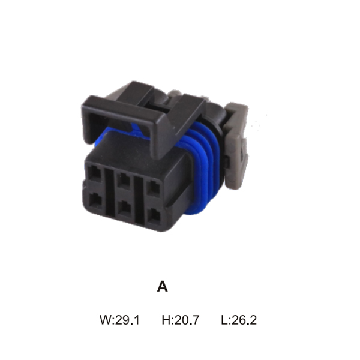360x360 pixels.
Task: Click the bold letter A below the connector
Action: tap(163, 287)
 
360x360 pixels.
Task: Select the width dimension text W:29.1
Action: tap(119, 320)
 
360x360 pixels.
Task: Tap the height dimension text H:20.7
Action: tap(181, 320)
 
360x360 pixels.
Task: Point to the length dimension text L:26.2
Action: tap(239, 320)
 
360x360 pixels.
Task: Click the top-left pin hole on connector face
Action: tap(94, 173)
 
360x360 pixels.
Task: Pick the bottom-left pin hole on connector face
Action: tap(95, 201)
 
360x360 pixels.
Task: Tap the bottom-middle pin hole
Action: tap(124, 208)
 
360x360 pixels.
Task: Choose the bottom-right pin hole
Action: tap(154, 216)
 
